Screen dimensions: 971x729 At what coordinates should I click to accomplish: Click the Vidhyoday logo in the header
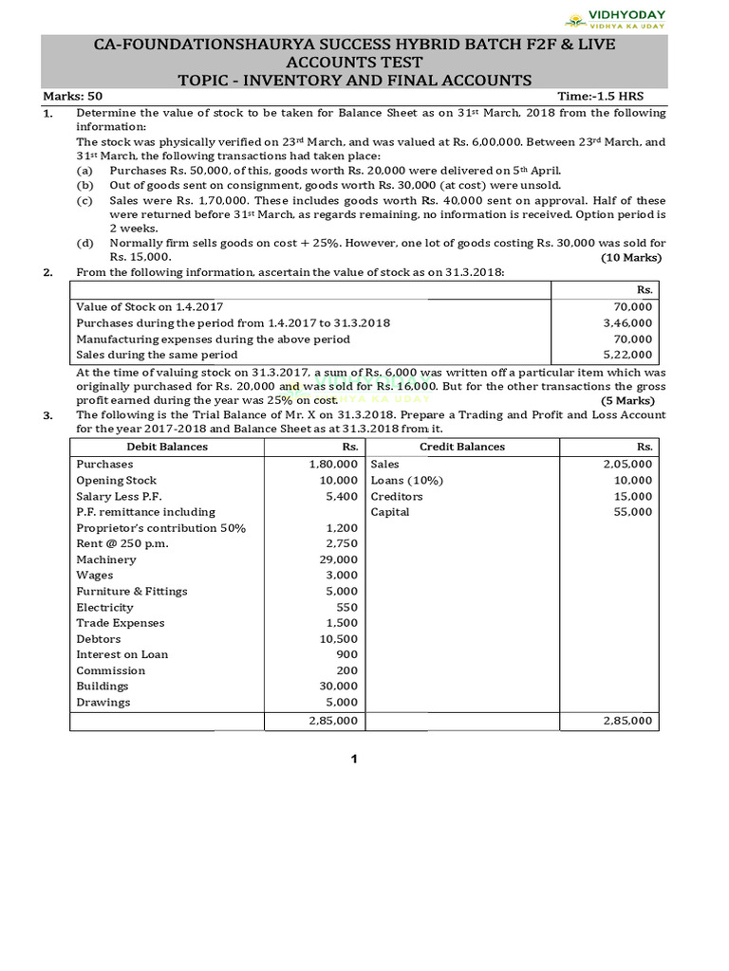coord(615,19)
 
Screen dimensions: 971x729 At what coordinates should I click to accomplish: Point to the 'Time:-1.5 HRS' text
coord(612,97)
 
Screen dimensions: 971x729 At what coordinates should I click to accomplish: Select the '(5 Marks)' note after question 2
coord(636,400)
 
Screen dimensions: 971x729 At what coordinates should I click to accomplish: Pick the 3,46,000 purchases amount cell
coord(627,323)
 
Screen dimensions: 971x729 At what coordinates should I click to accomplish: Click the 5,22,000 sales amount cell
coord(627,355)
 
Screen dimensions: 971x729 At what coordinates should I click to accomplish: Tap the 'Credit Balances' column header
coord(462,447)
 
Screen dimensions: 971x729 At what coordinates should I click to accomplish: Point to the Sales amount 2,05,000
coord(627,464)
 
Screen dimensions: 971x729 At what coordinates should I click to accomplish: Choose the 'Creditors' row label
coord(397,496)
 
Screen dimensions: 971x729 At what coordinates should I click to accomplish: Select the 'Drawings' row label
coord(103,703)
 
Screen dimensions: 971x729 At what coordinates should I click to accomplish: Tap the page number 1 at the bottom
coord(353,760)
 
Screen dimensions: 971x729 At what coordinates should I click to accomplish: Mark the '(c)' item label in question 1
coord(84,201)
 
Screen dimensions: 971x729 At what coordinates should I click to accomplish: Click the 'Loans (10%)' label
coord(406,480)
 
